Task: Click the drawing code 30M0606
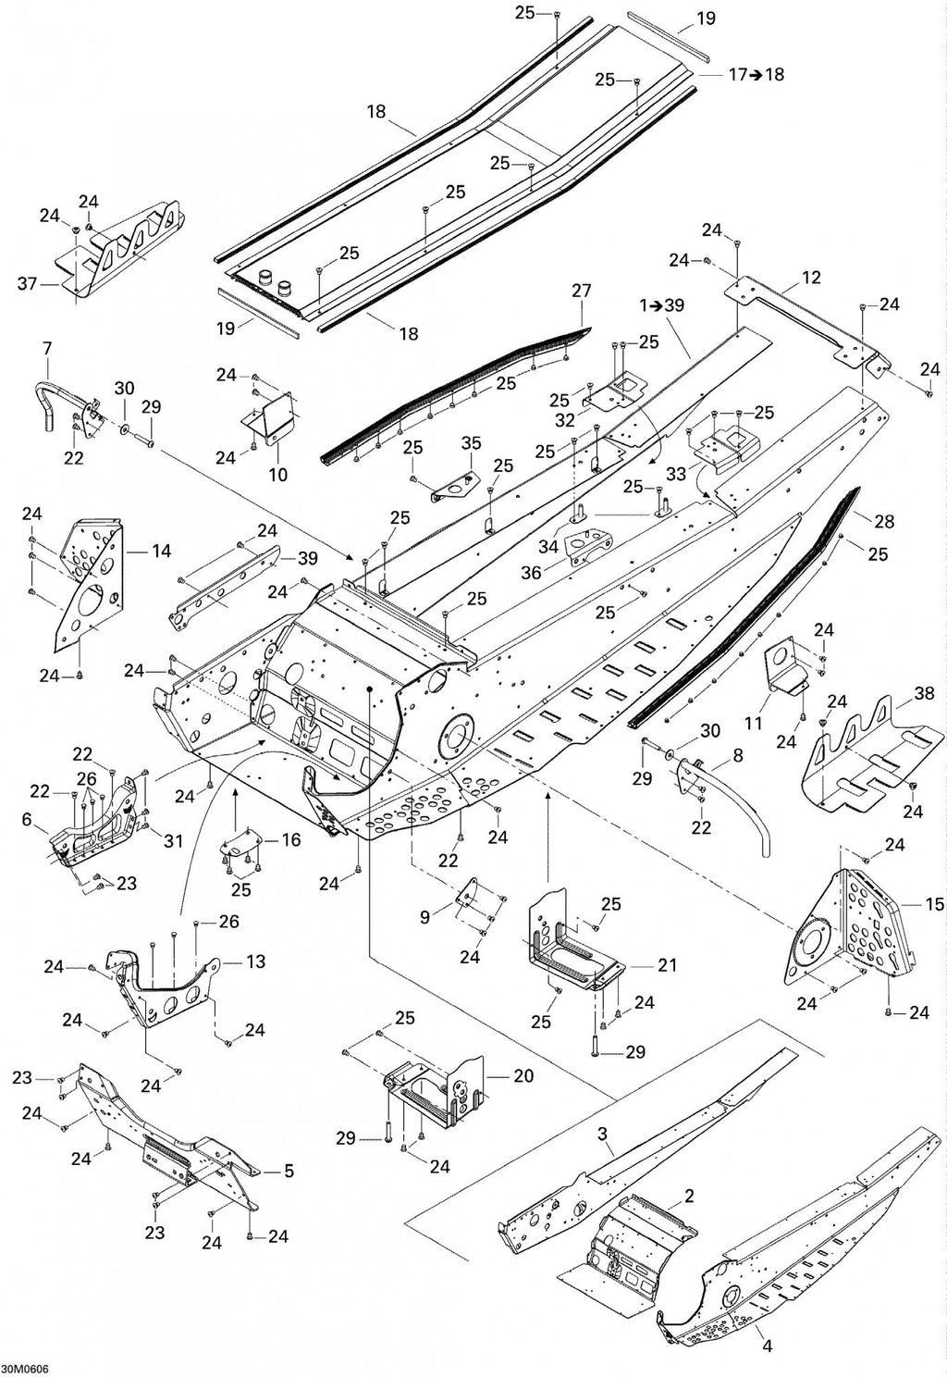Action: click(x=25, y=1369)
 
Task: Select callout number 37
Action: click(x=28, y=284)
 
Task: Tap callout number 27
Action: click(x=581, y=291)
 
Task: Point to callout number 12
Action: click(x=811, y=278)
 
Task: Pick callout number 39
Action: click(x=308, y=558)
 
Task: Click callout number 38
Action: click(x=924, y=693)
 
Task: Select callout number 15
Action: click(x=934, y=904)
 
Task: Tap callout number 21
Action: click(x=667, y=965)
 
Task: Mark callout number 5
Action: click(x=288, y=1172)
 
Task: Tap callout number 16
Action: click(x=291, y=839)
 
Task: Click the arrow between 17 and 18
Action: click(x=756, y=74)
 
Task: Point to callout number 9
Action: click(x=425, y=918)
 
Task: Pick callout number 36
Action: click(x=532, y=572)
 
